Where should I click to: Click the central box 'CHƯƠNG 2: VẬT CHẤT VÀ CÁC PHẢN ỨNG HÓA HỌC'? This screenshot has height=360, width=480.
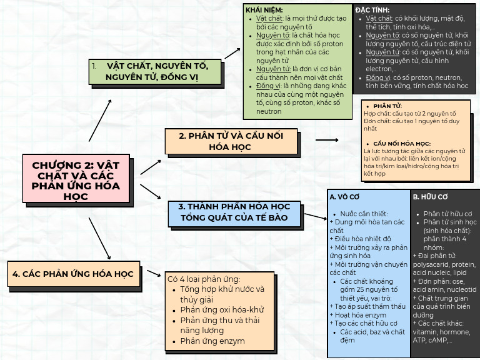point(76,179)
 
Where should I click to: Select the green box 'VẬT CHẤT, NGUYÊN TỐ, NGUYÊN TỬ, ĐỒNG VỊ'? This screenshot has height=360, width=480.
point(156,71)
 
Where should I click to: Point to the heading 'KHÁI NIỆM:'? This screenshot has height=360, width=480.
point(264,10)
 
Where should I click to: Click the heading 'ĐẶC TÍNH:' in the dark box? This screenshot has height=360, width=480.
point(372,10)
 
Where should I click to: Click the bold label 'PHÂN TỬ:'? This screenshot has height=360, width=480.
point(387,107)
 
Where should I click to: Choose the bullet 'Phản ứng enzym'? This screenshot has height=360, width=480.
point(212,341)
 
